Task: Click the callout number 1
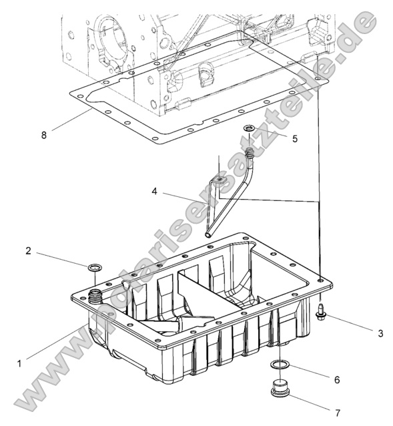[19, 363]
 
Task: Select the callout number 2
[28, 251]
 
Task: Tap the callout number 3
[380, 332]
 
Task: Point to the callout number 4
[155, 192]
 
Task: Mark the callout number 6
[336, 379]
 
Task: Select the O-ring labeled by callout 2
[95, 268]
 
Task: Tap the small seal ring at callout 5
[249, 128]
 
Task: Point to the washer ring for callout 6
[281, 365]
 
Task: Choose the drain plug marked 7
[280, 388]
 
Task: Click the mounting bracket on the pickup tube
[217, 179]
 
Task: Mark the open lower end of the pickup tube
[208, 234]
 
